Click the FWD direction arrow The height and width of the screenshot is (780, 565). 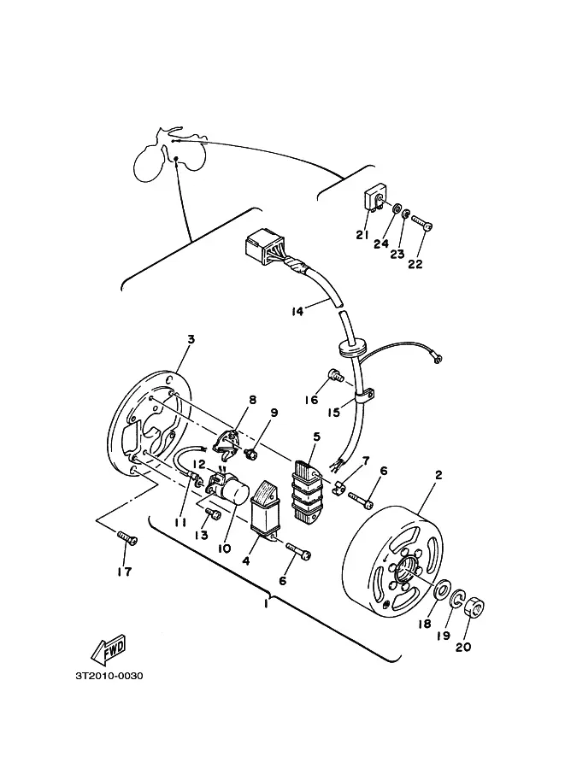coord(108,649)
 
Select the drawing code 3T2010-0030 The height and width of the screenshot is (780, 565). coord(109,676)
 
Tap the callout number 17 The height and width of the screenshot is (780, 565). coord(125,572)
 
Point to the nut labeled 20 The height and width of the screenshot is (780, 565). coord(474,608)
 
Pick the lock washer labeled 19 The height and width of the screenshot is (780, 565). coord(457,599)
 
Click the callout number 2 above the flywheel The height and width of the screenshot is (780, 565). coord(438,475)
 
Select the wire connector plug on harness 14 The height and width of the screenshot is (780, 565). coord(262,246)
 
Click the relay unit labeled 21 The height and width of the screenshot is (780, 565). coord(375,198)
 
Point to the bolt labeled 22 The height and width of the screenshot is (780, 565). coord(421,223)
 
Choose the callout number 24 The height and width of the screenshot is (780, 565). coord(381,243)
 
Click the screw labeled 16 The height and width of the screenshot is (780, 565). coord(336,376)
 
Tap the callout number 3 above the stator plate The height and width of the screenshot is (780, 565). coord(191,340)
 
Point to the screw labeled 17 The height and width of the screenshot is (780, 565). coord(127,538)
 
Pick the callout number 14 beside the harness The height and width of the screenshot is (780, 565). coord(297,312)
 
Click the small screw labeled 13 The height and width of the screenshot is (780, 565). coord(214,514)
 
